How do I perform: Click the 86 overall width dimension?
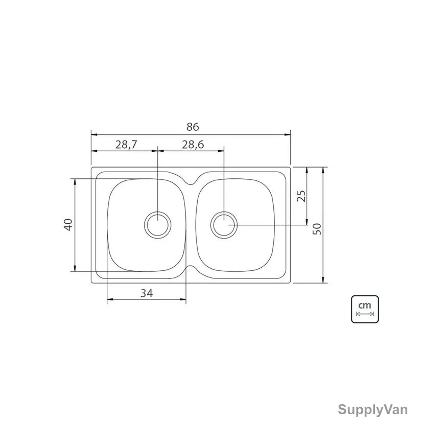(x=193, y=127)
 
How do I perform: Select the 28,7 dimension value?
(x=126, y=145)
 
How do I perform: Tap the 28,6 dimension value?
(x=193, y=145)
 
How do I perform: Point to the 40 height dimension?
(x=68, y=225)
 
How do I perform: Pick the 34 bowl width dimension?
(x=147, y=293)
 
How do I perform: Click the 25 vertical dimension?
(x=301, y=196)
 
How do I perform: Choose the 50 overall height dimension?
(x=317, y=229)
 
